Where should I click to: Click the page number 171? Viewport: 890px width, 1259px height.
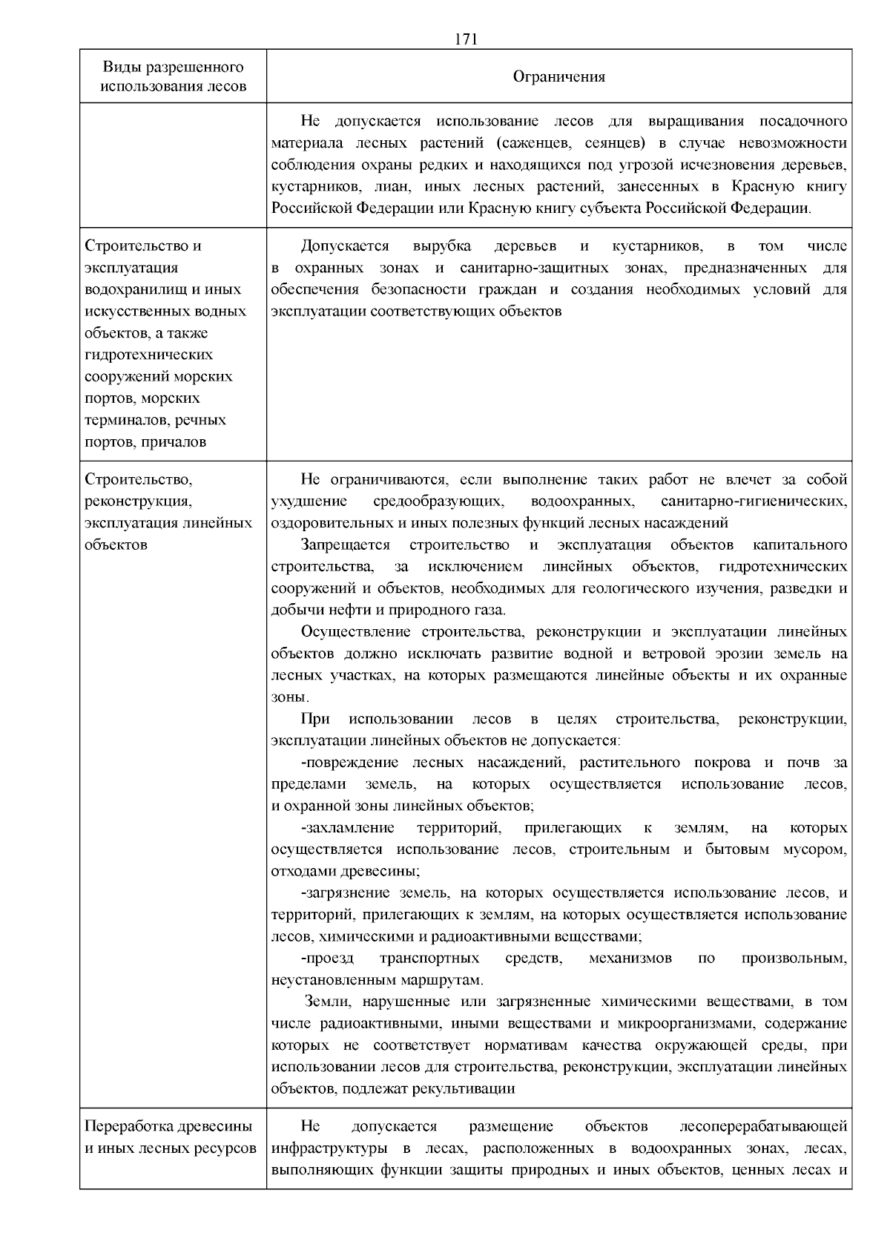pyautogui.click(x=465, y=40)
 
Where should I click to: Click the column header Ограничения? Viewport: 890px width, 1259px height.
pyautogui.click(x=559, y=77)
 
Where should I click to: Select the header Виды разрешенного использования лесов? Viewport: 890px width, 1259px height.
pyautogui.click(x=173, y=77)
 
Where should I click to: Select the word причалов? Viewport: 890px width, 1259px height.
pyautogui.click(x=174, y=442)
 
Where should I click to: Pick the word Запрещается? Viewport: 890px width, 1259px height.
pyautogui.click(x=346, y=545)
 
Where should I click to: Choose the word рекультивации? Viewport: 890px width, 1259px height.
pyautogui.click(x=466, y=1089)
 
